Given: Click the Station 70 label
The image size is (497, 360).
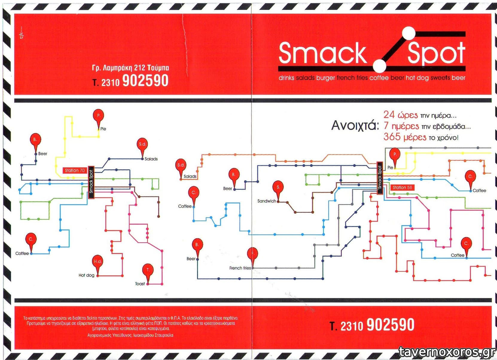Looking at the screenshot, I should [x=75, y=171].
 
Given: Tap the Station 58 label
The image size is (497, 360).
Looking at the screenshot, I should [x=402, y=188].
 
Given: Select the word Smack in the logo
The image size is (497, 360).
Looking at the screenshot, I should [x=322, y=53].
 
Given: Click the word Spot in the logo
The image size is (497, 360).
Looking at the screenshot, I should [x=436, y=53].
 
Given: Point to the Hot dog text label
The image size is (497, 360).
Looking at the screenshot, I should [x=86, y=275].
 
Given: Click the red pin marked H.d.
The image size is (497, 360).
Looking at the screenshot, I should [x=97, y=262].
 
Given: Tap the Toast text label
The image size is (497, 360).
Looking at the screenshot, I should [x=140, y=284].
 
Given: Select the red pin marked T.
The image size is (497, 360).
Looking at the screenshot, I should [x=148, y=271].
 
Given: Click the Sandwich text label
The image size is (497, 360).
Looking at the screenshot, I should [x=266, y=201].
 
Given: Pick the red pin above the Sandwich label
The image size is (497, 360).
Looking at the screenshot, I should [x=278, y=188].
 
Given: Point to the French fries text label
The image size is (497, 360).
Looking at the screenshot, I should [x=240, y=268].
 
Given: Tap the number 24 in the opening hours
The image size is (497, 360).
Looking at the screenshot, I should [x=389, y=115].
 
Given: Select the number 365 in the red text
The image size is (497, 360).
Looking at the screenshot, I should [x=392, y=137].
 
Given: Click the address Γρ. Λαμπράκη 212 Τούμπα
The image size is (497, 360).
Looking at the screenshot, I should [x=130, y=68].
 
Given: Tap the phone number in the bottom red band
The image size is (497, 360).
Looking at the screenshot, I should [x=372, y=325].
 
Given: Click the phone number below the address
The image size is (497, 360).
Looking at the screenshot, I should [x=130, y=81].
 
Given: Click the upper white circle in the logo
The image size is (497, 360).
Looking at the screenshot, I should [x=408, y=33].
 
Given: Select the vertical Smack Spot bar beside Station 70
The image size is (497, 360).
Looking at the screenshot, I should [x=91, y=182].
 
